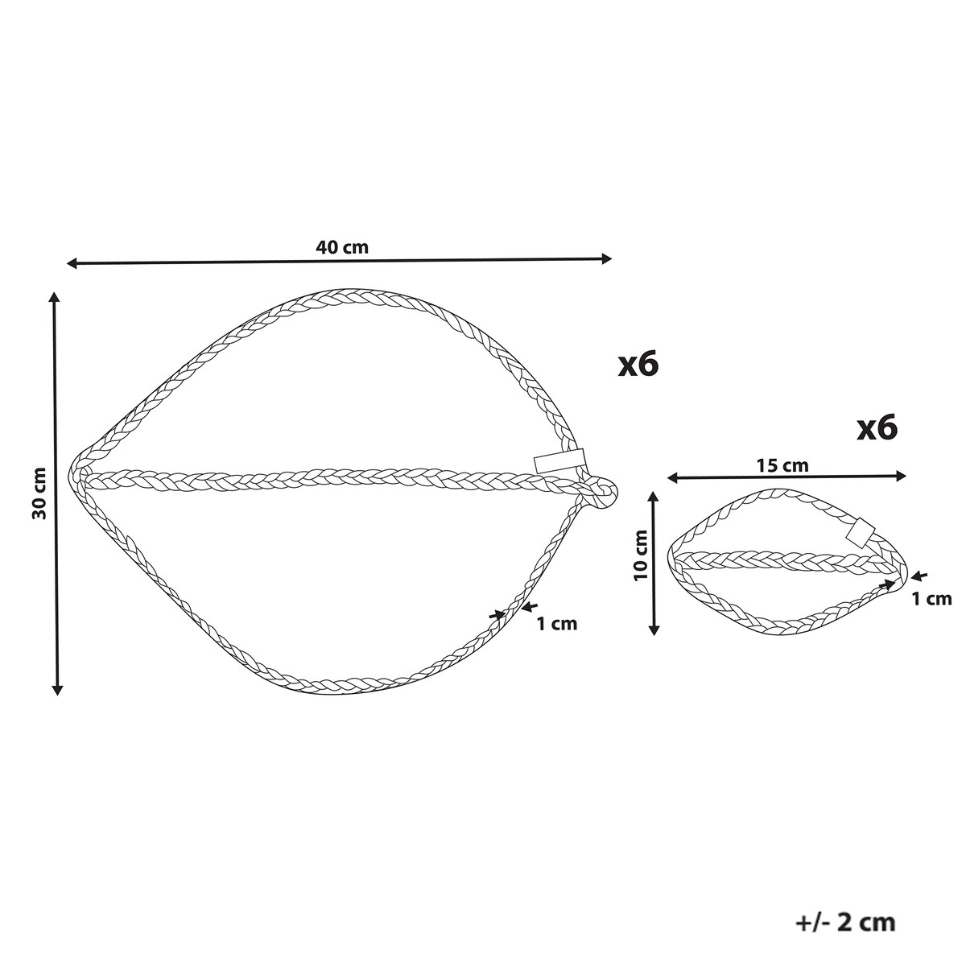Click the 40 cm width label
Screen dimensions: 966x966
point(342,247)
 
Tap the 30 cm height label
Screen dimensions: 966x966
point(39,493)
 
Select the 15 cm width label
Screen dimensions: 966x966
point(782,466)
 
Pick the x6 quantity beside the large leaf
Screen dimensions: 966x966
point(638,365)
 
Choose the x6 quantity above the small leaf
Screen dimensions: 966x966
point(877,428)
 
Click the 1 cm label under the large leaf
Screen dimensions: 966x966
point(557,624)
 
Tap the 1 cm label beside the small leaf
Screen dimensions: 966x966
point(931,599)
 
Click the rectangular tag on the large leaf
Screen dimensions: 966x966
point(559,462)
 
